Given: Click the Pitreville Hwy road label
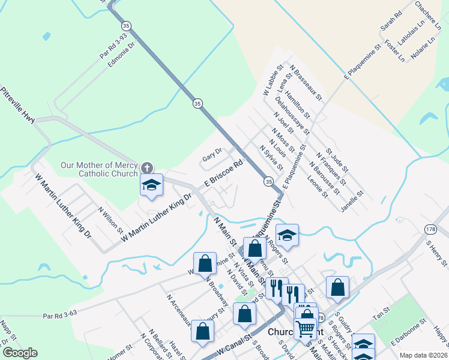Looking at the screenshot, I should [x=18, y=106].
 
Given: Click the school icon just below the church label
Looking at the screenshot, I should [x=151, y=186].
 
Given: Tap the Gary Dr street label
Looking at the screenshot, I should [x=212, y=154].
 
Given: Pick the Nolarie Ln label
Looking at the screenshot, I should [x=423, y=50].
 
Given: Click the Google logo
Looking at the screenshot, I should [x=20, y=353].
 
